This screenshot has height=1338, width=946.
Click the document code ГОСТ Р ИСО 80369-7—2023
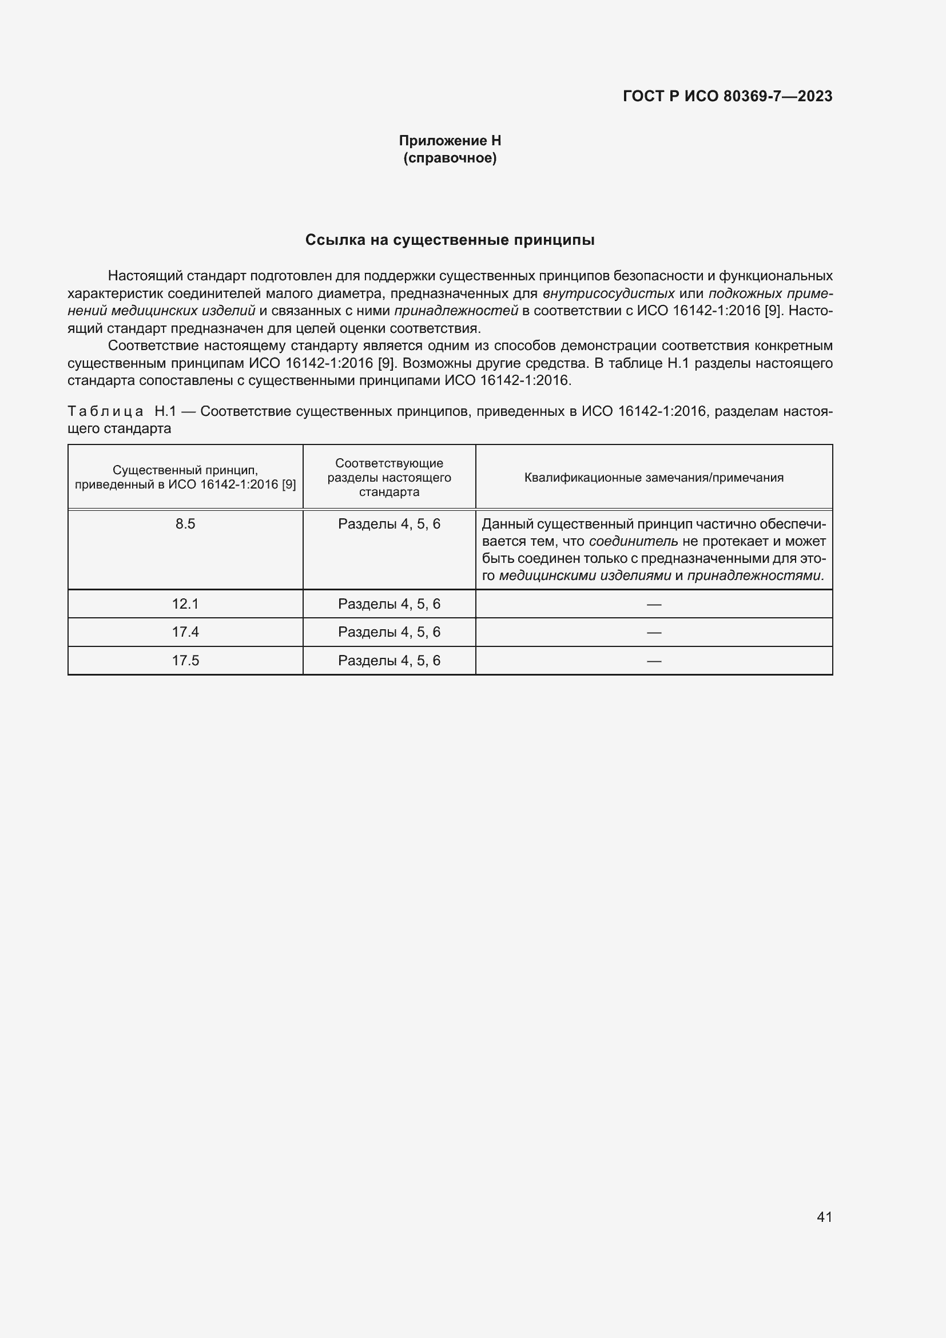click(727, 96)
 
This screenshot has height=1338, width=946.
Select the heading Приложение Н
click(450, 141)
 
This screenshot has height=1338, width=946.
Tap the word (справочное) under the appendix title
click(450, 158)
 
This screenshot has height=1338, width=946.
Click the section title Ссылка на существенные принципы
click(450, 240)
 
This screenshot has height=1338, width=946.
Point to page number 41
click(824, 1217)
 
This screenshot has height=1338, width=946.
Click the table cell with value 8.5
click(185, 524)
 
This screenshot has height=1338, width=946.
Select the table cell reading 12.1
click(185, 604)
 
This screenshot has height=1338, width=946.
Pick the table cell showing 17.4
click(185, 632)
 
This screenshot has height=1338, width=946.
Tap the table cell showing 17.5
click(185, 660)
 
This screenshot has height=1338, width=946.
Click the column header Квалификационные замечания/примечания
click(654, 478)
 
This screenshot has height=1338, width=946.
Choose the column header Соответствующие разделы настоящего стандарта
click(389, 477)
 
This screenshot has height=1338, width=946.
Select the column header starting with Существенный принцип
click(185, 477)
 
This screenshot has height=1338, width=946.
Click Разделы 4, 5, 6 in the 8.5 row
click(389, 524)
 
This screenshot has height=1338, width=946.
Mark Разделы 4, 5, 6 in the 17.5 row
click(389, 660)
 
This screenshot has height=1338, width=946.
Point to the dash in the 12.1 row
click(654, 604)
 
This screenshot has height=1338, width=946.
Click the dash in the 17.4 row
click(654, 632)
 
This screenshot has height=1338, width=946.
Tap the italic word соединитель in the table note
click(633, 541)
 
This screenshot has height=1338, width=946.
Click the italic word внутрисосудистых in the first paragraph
click(608, 293)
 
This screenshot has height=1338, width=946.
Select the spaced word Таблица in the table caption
click(105, 411)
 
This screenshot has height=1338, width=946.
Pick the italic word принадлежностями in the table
click(754, 576)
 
